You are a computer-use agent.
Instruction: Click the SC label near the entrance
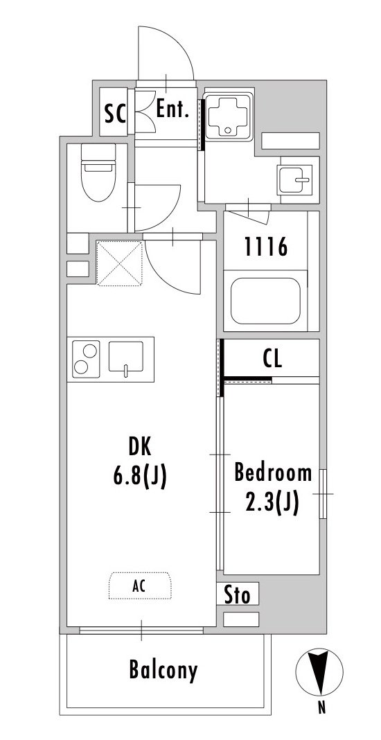115,113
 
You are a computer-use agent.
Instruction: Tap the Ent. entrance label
172,109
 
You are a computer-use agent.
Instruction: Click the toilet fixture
98,173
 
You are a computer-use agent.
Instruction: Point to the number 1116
266,247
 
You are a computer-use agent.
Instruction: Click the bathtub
265,301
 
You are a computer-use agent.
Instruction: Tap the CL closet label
272,359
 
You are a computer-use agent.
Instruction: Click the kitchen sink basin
126,357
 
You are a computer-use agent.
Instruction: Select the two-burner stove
87,359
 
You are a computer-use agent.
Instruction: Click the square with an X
119,263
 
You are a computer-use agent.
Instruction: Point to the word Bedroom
274,473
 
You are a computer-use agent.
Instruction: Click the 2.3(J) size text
272,504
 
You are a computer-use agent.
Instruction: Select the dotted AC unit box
140,586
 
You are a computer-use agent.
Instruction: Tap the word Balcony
163,670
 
